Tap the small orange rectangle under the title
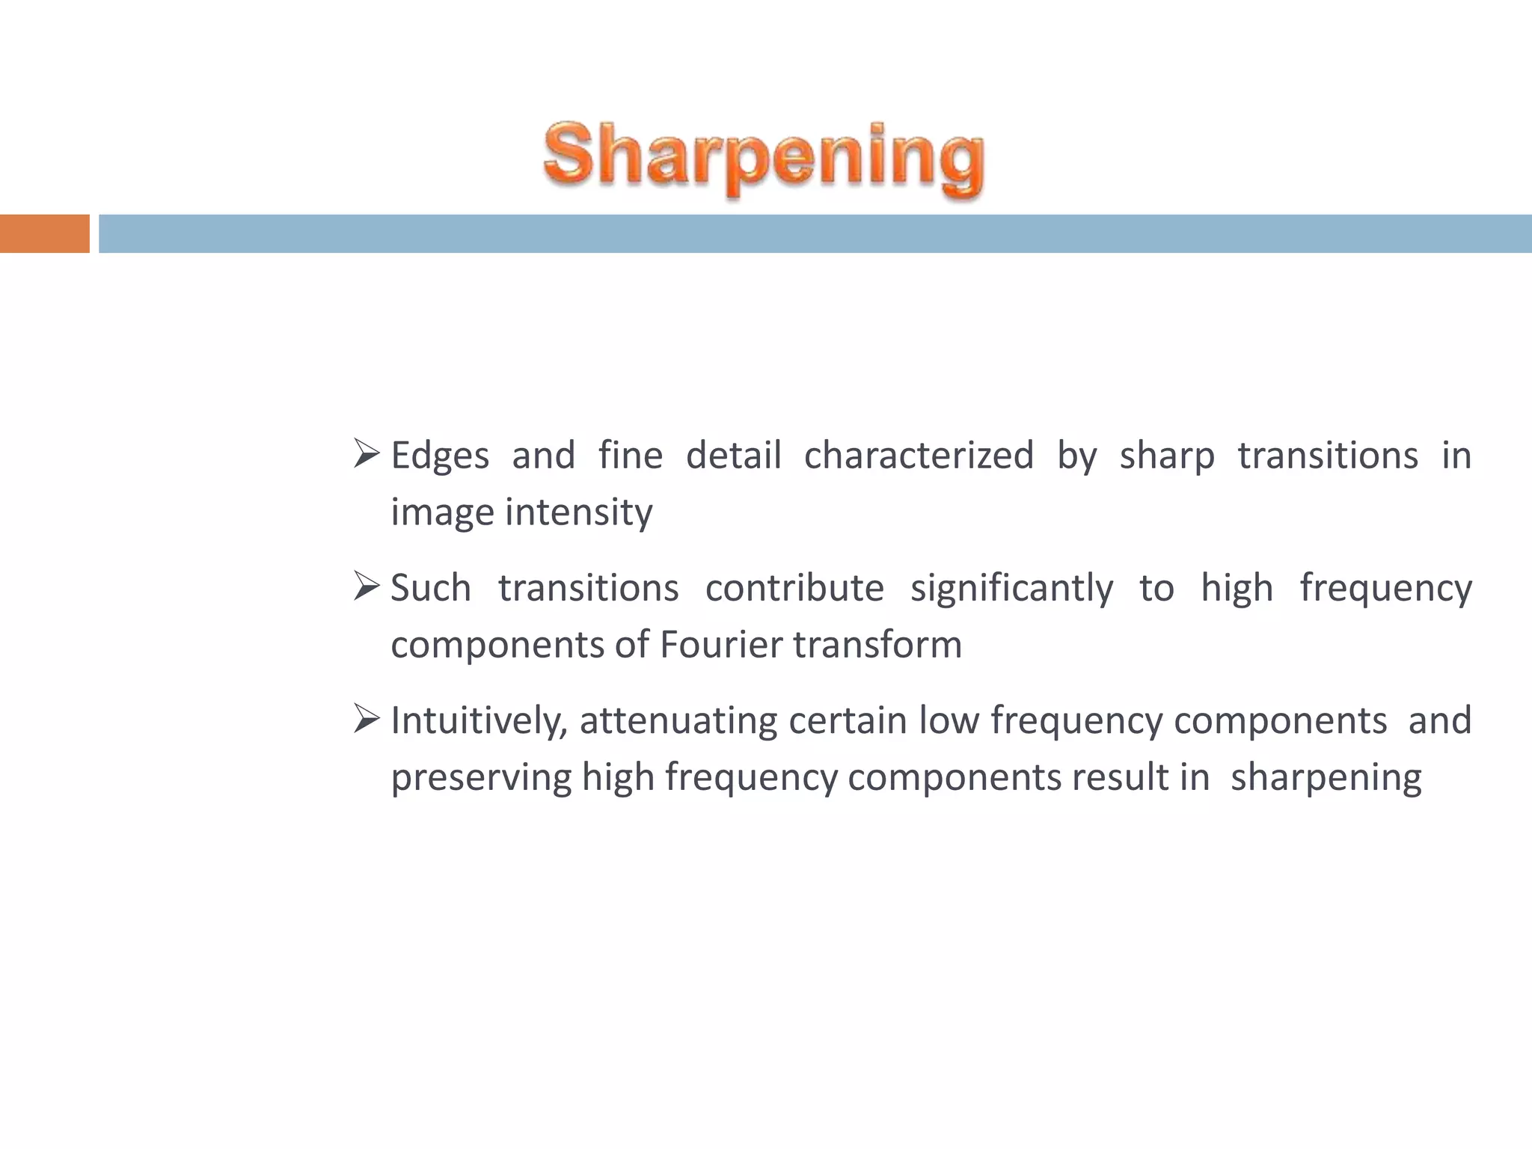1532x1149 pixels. [x=44, y=233]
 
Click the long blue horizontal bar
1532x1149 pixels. [x=815, y=233]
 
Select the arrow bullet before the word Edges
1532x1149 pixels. [x=367, y=453]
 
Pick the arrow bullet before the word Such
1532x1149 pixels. [x=367, y=586]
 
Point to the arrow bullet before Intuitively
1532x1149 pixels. [x=367, y=718]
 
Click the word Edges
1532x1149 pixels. [x=440, y=456]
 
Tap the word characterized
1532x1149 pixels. [x=919, y=455]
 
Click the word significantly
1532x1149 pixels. [x=1011, y=589]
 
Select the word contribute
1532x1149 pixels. [x=794, y=587]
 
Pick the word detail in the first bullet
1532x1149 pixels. [x=733, y=455]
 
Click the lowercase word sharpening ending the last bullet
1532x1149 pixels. [x=1326, y=778]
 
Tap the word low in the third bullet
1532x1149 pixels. [x=949, y=720]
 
